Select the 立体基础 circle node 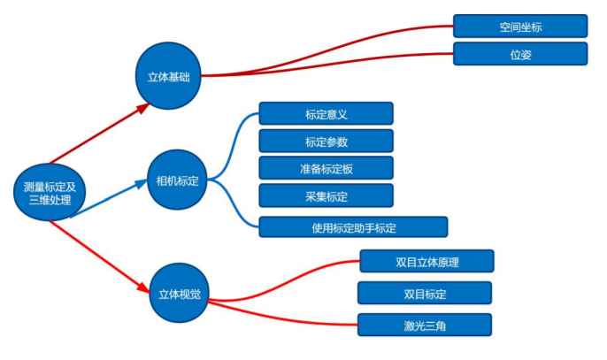[x=168, y=76]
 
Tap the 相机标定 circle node [x=177, y=180]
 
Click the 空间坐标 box [x=519, y=26]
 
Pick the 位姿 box [x=519, y=54]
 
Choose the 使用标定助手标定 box [x=353, y=227]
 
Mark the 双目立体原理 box [x=426, y=261]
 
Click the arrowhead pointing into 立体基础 [x=145, y=107]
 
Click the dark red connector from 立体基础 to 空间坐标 [x=336, y=56]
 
